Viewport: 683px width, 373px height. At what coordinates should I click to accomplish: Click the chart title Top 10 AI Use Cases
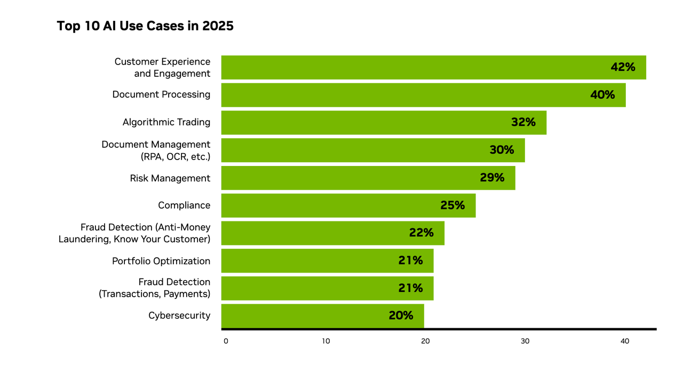145,26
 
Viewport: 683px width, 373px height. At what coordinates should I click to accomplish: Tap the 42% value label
623,67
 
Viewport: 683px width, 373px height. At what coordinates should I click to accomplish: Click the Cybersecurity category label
179,316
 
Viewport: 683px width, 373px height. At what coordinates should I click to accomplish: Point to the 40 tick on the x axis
624,341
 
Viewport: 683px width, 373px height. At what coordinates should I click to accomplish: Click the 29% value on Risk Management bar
491,178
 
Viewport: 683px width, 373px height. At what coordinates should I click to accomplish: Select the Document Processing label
161,94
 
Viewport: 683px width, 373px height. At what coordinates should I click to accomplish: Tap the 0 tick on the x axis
226,341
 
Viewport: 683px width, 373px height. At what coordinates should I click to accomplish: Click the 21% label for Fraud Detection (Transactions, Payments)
410,288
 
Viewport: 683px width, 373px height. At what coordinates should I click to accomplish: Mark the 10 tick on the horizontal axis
325,341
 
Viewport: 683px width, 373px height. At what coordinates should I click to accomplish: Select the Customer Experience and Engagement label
162,68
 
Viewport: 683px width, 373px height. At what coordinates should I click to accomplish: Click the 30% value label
502,150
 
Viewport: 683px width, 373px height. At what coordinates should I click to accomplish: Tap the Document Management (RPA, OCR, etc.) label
156,150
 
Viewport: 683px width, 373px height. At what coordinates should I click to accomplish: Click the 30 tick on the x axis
525,341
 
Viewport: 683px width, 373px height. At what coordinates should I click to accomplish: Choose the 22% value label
421,233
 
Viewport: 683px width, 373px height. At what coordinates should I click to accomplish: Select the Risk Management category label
170,178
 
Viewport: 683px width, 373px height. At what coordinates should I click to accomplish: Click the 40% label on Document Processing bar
602,95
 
